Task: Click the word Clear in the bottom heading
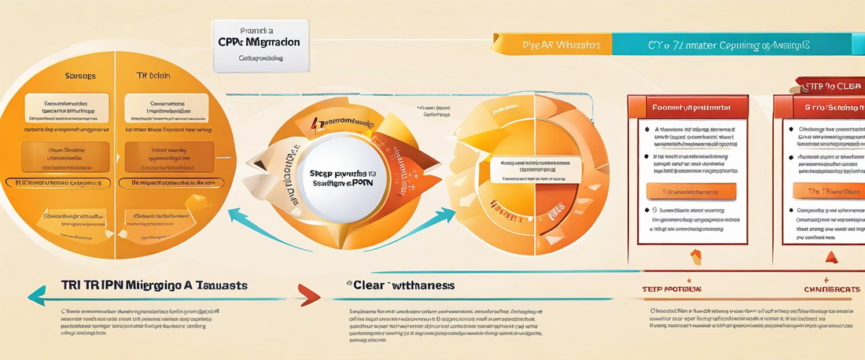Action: pyautogui.click(x=366, y=284)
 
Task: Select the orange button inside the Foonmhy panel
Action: pyautogui.click(x=690, y=191)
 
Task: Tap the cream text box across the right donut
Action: pyautogui.click(x=531, y=166)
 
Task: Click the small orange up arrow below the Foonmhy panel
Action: pyautogui.click(x=695, y=255)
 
